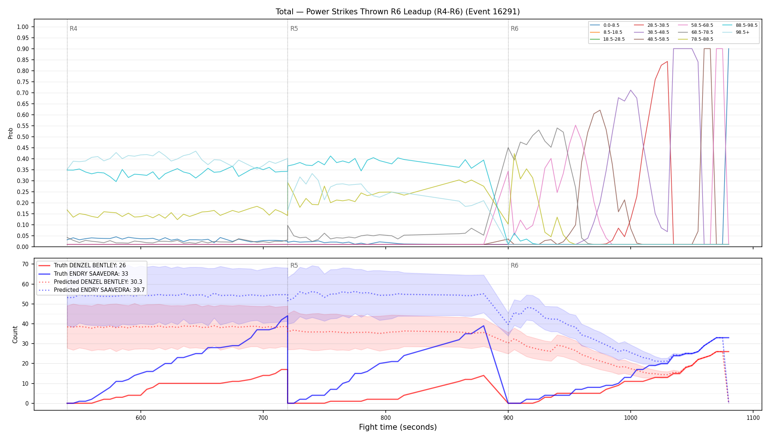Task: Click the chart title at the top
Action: tap(398, 12)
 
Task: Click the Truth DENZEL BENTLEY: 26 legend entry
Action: tap(82, 265)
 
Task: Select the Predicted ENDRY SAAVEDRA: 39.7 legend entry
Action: tap(92, 290)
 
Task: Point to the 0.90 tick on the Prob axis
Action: tap(23, 49)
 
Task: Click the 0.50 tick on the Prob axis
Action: tap(23, 137)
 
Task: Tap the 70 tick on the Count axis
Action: tap(25, 264)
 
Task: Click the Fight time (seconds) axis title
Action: tap(398, 427)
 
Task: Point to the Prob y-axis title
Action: tap(11, 133)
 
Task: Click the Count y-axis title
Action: tap(15, 334)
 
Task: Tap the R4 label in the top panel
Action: tap(73, 29)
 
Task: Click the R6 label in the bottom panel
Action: tap(514, 265)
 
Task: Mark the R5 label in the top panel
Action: tap(294, 29)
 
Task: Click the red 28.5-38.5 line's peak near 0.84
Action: tap(667, 62)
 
